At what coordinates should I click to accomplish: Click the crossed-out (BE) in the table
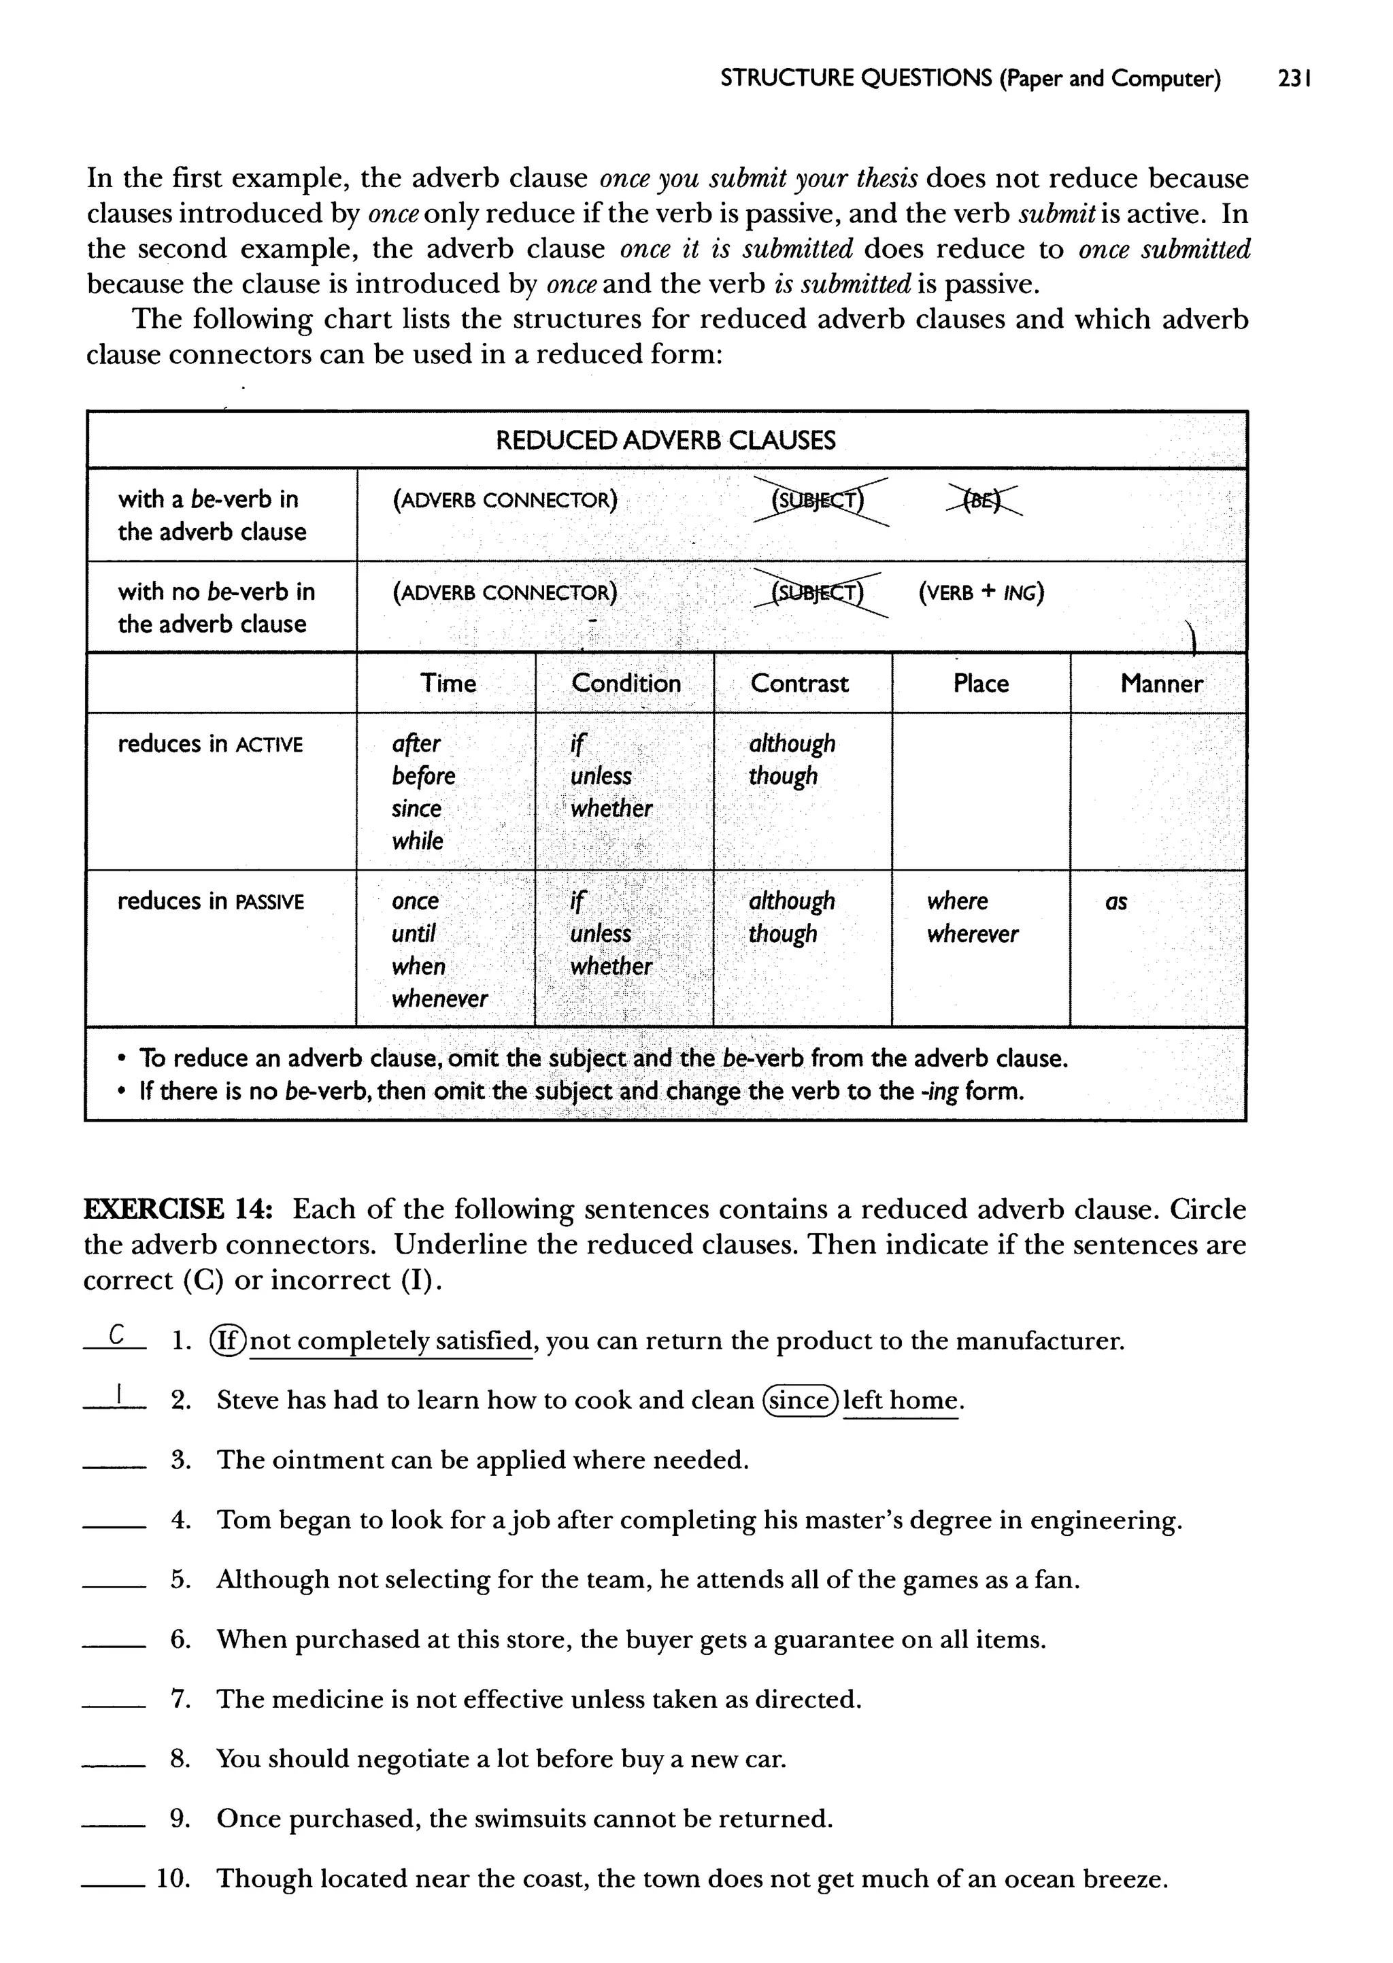[x=985, y=500]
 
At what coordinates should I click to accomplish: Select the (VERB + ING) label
[x=980, y=592]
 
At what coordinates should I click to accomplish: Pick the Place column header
[x=980, y=684]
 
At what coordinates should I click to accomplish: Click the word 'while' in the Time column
[x=417, y=841]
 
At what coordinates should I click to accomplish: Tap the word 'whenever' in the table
[x=439, y=999]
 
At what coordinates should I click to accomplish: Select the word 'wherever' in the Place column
[x=972, y=934]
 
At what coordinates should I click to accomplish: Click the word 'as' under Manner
[x=1115, y=902]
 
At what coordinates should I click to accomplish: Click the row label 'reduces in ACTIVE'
[x=210, y=744]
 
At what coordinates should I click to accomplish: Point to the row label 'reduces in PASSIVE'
[x=210, y=902]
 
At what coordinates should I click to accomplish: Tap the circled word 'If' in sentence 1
[x=228, y=1341]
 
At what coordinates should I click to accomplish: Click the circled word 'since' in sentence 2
[x=799, y=1400]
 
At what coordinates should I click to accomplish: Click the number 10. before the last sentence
[x=171, y=1879]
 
